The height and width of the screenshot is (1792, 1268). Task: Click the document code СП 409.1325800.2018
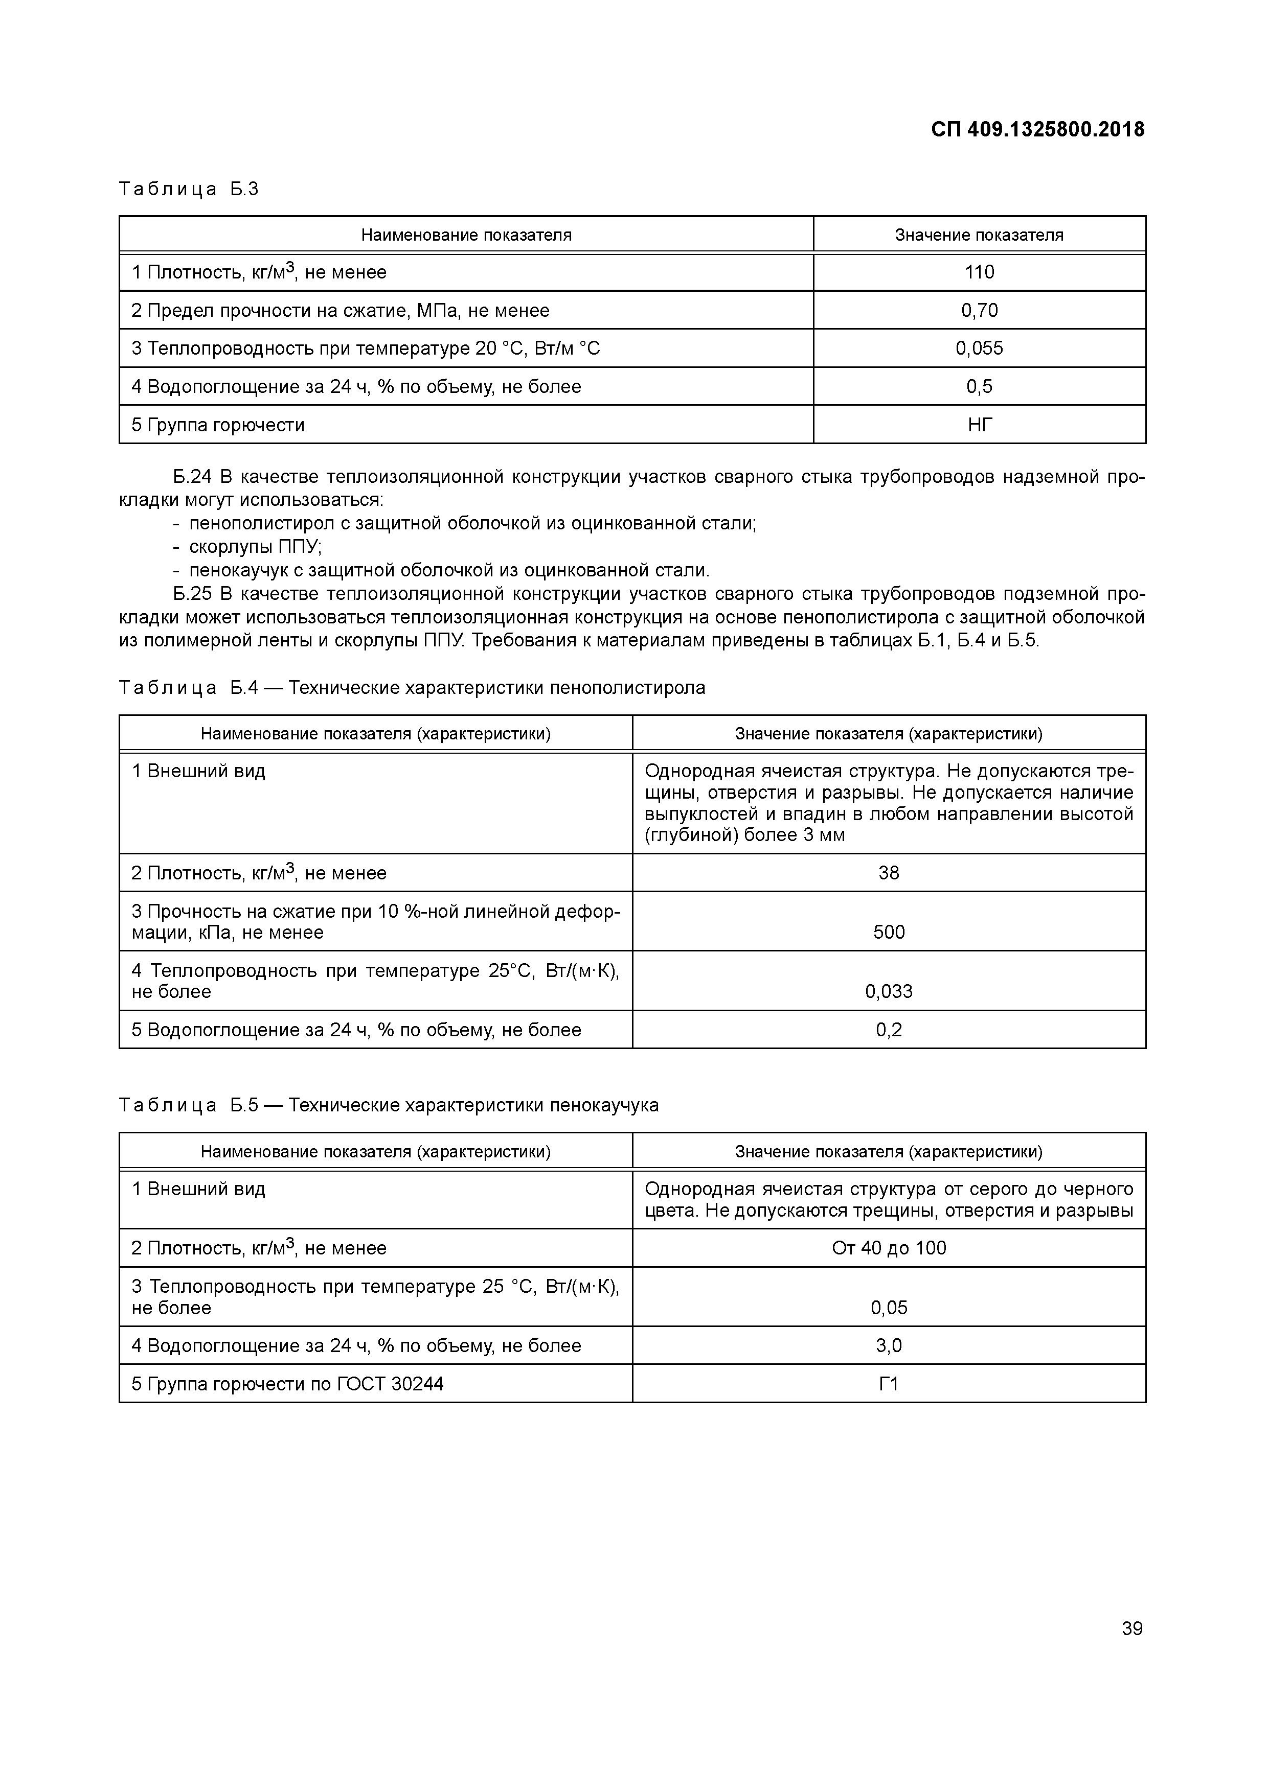tap(1038, 130)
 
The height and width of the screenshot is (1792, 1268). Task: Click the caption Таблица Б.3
tap(188, 189)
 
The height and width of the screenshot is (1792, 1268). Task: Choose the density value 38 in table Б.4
tap(889, 873)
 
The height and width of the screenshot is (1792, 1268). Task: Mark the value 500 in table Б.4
tap(889, 932)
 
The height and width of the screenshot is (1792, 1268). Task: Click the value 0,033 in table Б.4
tap(889, 991)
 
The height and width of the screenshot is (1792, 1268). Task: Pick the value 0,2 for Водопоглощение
tap(889, 1030)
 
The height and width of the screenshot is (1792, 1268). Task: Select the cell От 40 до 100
tap(889, 1248)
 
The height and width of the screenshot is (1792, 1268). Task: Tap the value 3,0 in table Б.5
tap(889, 1345)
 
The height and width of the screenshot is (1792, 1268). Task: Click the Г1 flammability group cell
tap(889, 1384)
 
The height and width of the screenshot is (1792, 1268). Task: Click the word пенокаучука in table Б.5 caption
tap(604, 1105)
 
